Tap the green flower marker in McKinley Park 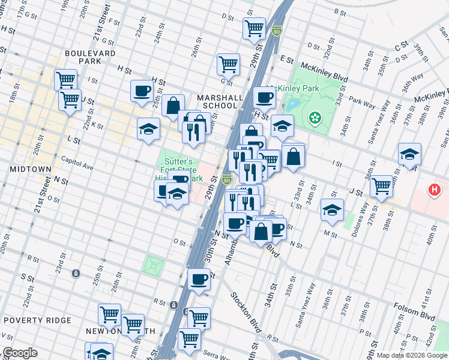point(314,118)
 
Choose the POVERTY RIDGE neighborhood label point(37,320)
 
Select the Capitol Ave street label point(77,161)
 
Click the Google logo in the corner point(20,353)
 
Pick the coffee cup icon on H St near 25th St point(142,91)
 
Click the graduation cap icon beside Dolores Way point(332,209)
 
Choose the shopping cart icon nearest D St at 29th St point(255,27)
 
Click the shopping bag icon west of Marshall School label point(173,105)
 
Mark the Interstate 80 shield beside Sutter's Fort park point(226,179)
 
